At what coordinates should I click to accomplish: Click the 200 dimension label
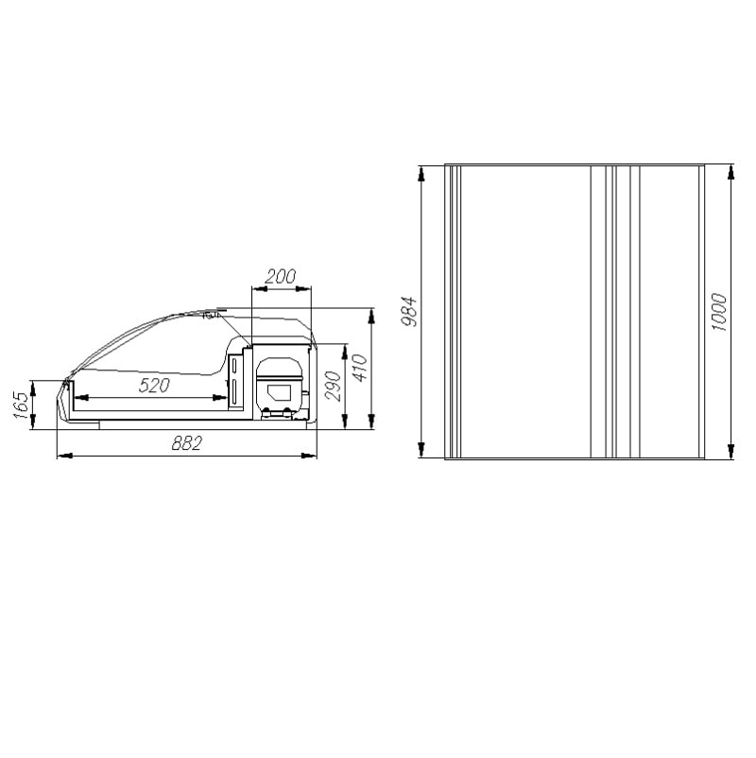pos(280,277)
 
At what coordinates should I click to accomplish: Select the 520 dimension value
pos(154,386)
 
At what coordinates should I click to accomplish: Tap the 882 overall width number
pos(186,443)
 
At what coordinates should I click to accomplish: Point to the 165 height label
pos(21,405)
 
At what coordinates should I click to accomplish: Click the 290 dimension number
pos(333,386)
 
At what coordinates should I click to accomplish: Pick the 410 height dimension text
pos(360,368)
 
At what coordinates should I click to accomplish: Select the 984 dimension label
pos(410,311)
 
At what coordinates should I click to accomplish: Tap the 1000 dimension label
pos(719,312)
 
